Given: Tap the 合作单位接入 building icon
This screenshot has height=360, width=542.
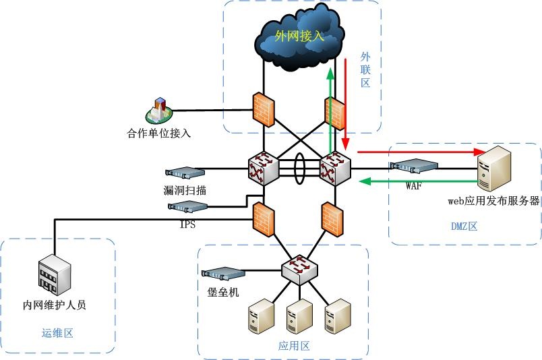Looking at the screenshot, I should [159, 109].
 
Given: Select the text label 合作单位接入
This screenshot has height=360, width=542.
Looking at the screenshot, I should [159, 133].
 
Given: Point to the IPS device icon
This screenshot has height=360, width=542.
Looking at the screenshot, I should [187, 207].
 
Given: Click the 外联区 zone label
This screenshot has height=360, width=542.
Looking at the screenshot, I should [365, 70].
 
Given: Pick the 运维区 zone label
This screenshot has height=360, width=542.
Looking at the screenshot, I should [57, 332].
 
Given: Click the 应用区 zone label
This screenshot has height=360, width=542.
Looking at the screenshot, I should [294, 347].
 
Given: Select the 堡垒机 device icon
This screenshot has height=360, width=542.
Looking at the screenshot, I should [222, 274].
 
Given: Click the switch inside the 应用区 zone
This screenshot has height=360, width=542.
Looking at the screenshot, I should [299, 269].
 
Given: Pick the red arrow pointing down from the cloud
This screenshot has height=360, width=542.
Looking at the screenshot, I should [346, 104].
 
